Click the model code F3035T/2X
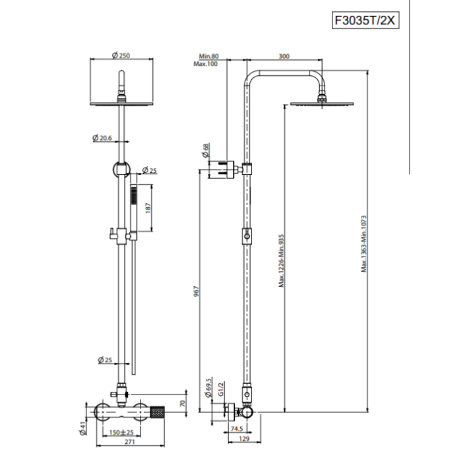tap(365, 20)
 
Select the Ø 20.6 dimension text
tap(104, 138)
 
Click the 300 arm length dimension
tap(284, 56)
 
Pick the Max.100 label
tap(207, 64)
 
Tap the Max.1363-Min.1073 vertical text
tap(363, 242)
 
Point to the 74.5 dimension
tap(237, 428)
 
